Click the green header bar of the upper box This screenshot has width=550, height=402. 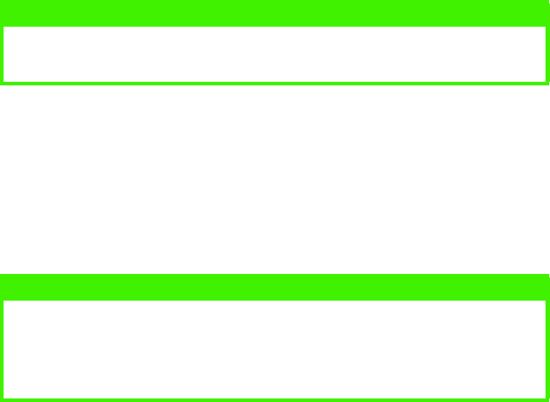pos(274,12)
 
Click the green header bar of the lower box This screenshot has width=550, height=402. pos(274,286)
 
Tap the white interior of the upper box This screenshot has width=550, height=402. pos(274,53)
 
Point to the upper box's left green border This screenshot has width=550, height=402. pos(2,53)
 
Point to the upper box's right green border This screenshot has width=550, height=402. pos(547,53)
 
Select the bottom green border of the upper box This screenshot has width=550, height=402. pos(274,83)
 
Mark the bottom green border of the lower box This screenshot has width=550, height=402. pos(274,398)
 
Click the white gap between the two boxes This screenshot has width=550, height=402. pos(274,178)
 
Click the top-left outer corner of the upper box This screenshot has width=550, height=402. pos(1,1)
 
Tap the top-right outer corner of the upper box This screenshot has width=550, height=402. pos(548,1)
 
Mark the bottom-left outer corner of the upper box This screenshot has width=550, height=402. pos(1,84)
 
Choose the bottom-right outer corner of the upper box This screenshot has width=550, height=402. pos(548,84)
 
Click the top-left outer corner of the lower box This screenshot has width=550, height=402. pos(1,275)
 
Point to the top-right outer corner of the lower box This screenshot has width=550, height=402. pos(548,275)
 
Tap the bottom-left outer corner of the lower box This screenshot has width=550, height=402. pos(1,400)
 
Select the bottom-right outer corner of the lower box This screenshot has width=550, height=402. pos(548,400)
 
